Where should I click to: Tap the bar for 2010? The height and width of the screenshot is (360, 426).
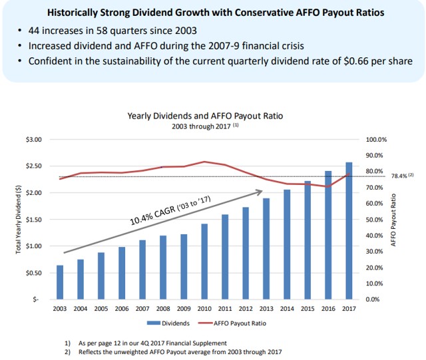204,262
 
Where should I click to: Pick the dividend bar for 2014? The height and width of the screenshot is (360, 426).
287,244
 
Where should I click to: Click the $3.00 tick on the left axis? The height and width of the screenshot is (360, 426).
33,140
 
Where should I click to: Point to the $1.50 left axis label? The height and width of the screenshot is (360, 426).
33,220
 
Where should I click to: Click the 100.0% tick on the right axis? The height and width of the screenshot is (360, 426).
377,140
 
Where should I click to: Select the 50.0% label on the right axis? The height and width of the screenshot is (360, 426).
375,220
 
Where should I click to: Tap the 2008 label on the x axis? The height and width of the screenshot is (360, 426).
163,309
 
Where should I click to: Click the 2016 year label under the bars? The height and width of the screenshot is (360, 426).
327,309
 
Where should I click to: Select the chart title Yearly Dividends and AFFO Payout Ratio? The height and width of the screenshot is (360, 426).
205,115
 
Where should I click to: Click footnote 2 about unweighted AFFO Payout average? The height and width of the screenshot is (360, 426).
175,352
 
